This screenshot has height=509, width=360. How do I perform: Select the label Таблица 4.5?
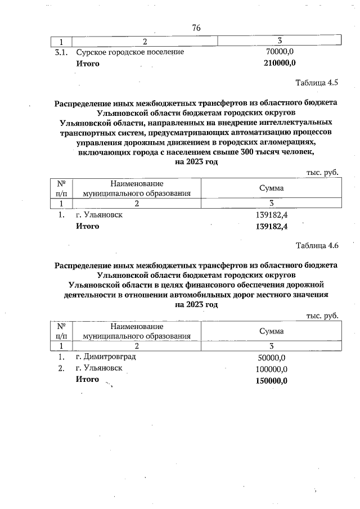point(317,83)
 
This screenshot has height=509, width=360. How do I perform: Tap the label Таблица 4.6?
point(317,245)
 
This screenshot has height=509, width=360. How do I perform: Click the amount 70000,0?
point(280,52)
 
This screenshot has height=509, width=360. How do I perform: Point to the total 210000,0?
point(280,63)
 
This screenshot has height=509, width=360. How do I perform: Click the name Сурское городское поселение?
point(130,52)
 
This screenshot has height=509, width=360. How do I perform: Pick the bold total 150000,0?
point(272,380)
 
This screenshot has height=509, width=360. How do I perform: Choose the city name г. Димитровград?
point(105,357)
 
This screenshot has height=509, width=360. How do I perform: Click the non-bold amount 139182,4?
point(272,215)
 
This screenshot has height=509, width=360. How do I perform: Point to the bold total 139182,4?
point(272,227)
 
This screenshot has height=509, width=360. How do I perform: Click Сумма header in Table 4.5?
point(271,188)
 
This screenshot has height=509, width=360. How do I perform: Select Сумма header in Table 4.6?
point(271,331)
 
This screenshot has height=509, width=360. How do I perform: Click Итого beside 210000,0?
point(88,63)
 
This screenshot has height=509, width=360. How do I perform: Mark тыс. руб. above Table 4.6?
point(322,316)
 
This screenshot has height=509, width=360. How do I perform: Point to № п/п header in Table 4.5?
point(61,188)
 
